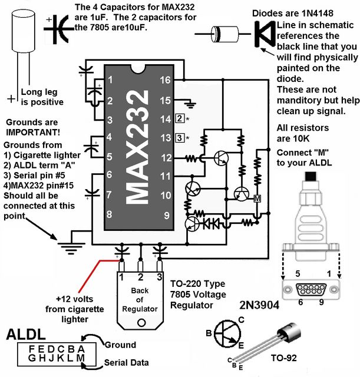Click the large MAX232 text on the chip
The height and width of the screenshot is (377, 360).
137,147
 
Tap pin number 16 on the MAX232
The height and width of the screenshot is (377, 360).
165,80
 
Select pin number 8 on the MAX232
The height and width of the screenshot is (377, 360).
109,214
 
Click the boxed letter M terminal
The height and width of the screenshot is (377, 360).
257,199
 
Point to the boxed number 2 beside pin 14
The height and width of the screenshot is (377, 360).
180,118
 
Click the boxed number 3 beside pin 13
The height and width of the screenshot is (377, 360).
180,138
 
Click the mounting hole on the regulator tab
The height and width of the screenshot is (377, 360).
141,322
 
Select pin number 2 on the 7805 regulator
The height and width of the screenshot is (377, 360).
140,277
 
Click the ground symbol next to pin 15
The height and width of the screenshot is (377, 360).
190,104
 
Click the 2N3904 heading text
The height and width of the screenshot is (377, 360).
259,305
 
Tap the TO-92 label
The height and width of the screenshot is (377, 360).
284,358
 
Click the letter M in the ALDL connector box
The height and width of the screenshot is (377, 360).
81,358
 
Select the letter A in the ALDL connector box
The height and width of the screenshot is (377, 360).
81,349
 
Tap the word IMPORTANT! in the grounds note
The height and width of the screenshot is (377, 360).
33,132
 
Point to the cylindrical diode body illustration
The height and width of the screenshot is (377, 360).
225,34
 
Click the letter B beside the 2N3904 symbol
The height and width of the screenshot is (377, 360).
209,333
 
